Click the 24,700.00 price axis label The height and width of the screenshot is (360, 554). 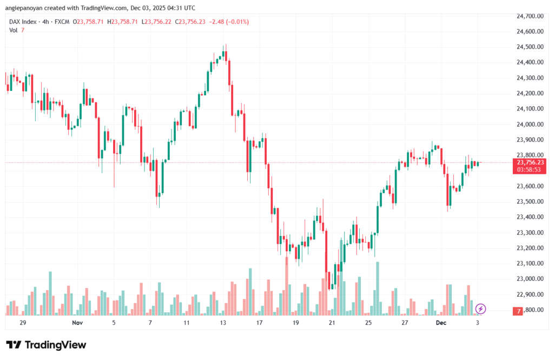tap(530, 16)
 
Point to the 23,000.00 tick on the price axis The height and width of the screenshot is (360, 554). tap(530, 279)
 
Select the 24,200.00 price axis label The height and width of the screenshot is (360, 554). tap(530, 94)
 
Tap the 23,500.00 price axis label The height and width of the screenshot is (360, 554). tap(530, 201)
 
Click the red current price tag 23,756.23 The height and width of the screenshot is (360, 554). tap(530, 162)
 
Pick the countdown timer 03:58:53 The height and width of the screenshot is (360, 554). tap(530, 169)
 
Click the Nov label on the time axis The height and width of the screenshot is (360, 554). tap(77, 323)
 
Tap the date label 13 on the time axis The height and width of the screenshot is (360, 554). tap(223, 323)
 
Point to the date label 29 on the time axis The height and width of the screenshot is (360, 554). tap(23, 323)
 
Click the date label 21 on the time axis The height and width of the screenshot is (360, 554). tap(332, 323)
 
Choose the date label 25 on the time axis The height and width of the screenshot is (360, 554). tap(368, 323)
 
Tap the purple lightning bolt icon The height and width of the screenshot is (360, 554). tap(480, 309)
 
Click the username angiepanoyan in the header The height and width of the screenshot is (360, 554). tap(27, 8)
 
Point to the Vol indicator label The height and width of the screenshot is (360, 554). tap(14, 30)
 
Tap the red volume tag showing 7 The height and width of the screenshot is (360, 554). tap(519, 311)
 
